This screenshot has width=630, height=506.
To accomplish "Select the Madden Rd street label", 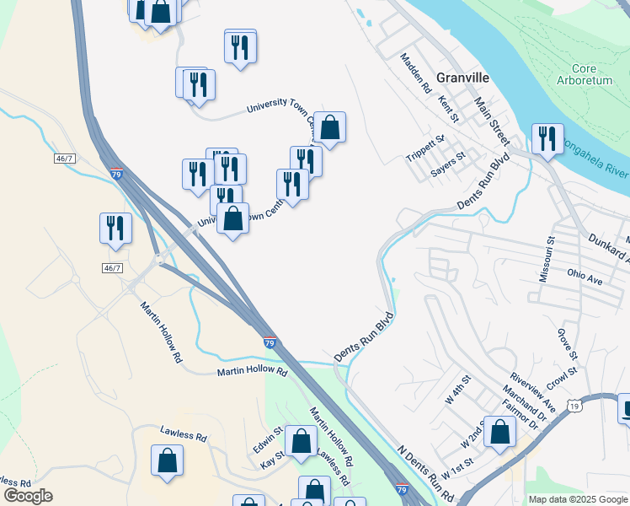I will (416, 73).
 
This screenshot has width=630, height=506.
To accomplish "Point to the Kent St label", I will (448, 109).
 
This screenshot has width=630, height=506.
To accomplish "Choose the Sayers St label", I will (448, 162).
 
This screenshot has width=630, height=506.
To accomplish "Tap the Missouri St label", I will (548, 264).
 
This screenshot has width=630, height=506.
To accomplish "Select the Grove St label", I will (563, 343).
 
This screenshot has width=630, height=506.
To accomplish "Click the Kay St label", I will (272, 462).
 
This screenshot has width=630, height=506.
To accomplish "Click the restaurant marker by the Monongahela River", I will (547, 140).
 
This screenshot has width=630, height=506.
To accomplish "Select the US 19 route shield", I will (574, 406).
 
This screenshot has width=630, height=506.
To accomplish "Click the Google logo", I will (29, 496).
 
